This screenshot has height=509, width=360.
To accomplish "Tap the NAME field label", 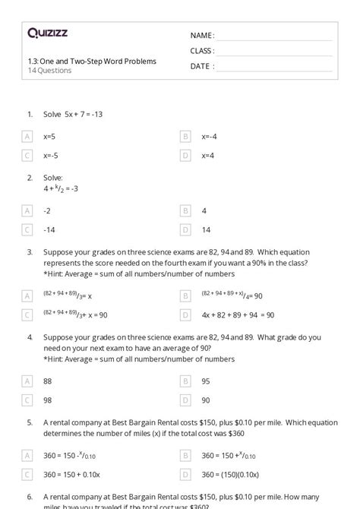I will pos(202,36).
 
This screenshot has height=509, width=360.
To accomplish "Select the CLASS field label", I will pos(202,51).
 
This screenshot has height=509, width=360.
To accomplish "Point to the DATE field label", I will pos(201,66).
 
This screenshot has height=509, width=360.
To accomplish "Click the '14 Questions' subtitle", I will pos(49,71).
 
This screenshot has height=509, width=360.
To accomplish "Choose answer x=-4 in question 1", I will pos(210,137).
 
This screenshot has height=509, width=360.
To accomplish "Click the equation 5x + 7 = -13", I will pos(73,114).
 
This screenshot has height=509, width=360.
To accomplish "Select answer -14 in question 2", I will pos(49,229).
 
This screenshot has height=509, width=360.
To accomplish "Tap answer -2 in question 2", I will pos(48,210).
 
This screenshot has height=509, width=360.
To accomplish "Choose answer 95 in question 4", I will pos(206,381).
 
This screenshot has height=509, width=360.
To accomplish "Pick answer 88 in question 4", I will pos(49,381).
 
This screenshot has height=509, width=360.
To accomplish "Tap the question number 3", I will pos(30,251).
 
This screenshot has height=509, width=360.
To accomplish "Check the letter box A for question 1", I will pos(27,137).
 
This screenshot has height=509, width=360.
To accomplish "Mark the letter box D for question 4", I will pos(185,400).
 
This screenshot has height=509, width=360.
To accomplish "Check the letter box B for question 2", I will pos(185,210).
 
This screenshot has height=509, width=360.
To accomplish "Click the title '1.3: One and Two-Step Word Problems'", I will pos(92,61).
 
